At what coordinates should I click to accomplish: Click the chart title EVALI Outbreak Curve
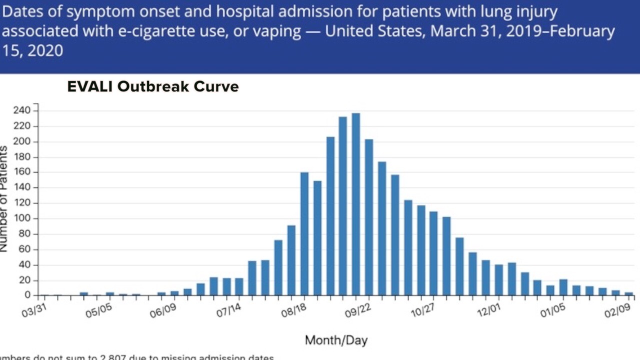coord(153,86)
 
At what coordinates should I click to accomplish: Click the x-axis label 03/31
coord(34,311)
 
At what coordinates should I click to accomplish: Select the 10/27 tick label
coord(423,311)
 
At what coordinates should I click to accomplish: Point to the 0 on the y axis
coord(28,295)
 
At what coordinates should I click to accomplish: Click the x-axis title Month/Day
coord(336,341)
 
